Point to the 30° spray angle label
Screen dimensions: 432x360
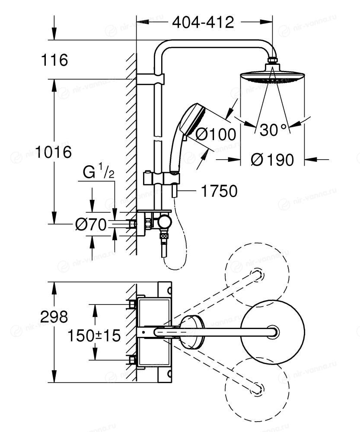tap(273, 130)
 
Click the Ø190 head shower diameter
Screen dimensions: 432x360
tap(272, 160)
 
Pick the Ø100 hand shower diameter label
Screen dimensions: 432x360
tap(216, 134)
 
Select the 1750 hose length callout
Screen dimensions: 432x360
tap(220, 191)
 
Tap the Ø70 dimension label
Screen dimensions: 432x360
tap(91, 224)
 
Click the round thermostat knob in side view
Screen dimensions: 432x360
tap(164, 223)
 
